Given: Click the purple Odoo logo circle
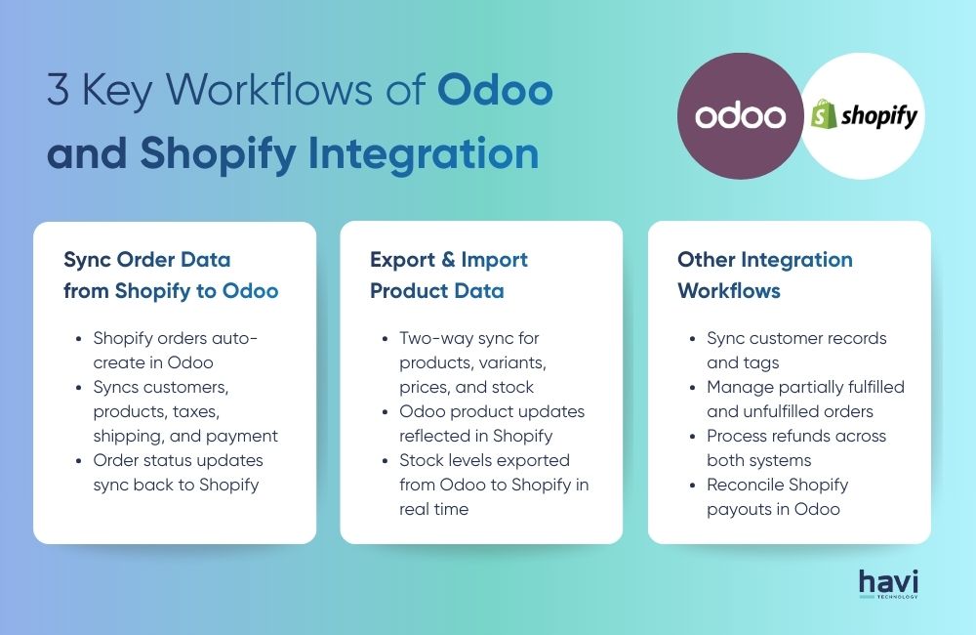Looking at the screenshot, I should coord(740,116).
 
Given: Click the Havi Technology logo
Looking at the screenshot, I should coord(888,583).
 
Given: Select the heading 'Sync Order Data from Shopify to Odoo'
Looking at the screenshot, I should coord(171,275).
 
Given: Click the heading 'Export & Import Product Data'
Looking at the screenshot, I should coord(449,275).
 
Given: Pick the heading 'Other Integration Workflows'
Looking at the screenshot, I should coord(764,275).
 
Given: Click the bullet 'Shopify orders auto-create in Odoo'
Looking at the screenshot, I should coord(176,351).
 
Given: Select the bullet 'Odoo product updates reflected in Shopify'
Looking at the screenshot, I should coord(489,424).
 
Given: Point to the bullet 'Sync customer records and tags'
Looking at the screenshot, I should coord(795,351).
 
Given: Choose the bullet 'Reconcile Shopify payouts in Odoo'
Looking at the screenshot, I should coord(777,497).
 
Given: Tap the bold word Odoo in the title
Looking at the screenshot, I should coord(495,92).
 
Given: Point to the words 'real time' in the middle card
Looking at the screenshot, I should coord(433,510).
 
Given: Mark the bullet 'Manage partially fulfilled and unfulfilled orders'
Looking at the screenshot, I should coord(805,400).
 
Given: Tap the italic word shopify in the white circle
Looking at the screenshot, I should coord(879,117).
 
